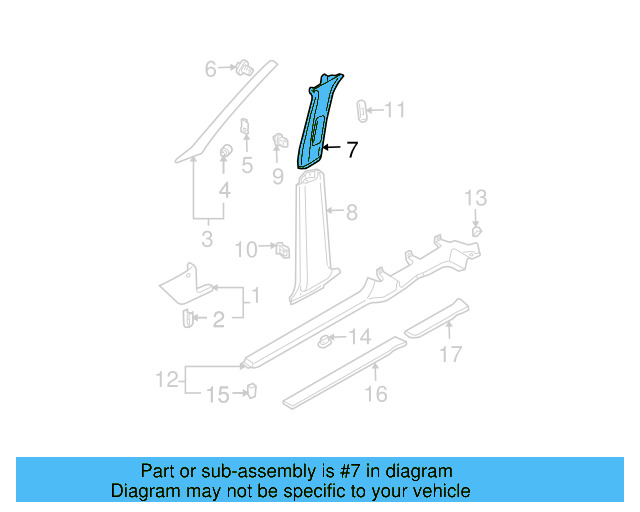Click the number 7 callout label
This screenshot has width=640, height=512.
click(x=351, y=151)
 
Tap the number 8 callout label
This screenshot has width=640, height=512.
click(x=351, y=212)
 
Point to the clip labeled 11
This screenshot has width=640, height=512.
click(x=363, y=110)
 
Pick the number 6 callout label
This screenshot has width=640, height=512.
click(x=211, y=69)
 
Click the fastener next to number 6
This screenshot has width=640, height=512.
click(x=242, y=68)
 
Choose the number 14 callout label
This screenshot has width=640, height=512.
click(x=359, y=336)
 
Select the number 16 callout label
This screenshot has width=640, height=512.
click(x=376, y=394)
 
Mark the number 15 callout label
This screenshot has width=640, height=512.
click(x=217, y=395)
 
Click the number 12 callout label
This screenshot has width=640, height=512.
click(x=167, y=379)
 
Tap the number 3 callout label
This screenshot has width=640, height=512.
click(x=207, y=240)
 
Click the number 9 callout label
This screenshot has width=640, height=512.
click(x=278, y=176)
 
